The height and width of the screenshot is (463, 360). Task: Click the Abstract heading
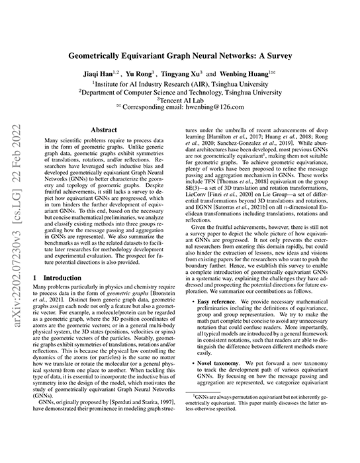pos(104,131)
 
